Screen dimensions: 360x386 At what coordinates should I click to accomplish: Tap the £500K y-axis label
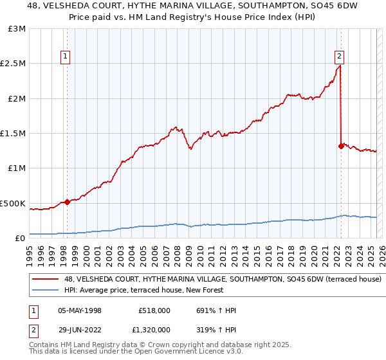[13, 203]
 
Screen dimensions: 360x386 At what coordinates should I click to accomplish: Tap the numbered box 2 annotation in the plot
[339, 57]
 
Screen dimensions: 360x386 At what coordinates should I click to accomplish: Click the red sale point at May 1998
[68, 202]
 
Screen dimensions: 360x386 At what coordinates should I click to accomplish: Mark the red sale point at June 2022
[340, 146]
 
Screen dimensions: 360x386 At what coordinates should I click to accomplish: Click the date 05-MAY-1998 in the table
[80, 310]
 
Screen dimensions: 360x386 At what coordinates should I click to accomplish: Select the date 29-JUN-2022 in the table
[80, 330]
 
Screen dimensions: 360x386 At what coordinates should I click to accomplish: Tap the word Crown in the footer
[152, 345]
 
